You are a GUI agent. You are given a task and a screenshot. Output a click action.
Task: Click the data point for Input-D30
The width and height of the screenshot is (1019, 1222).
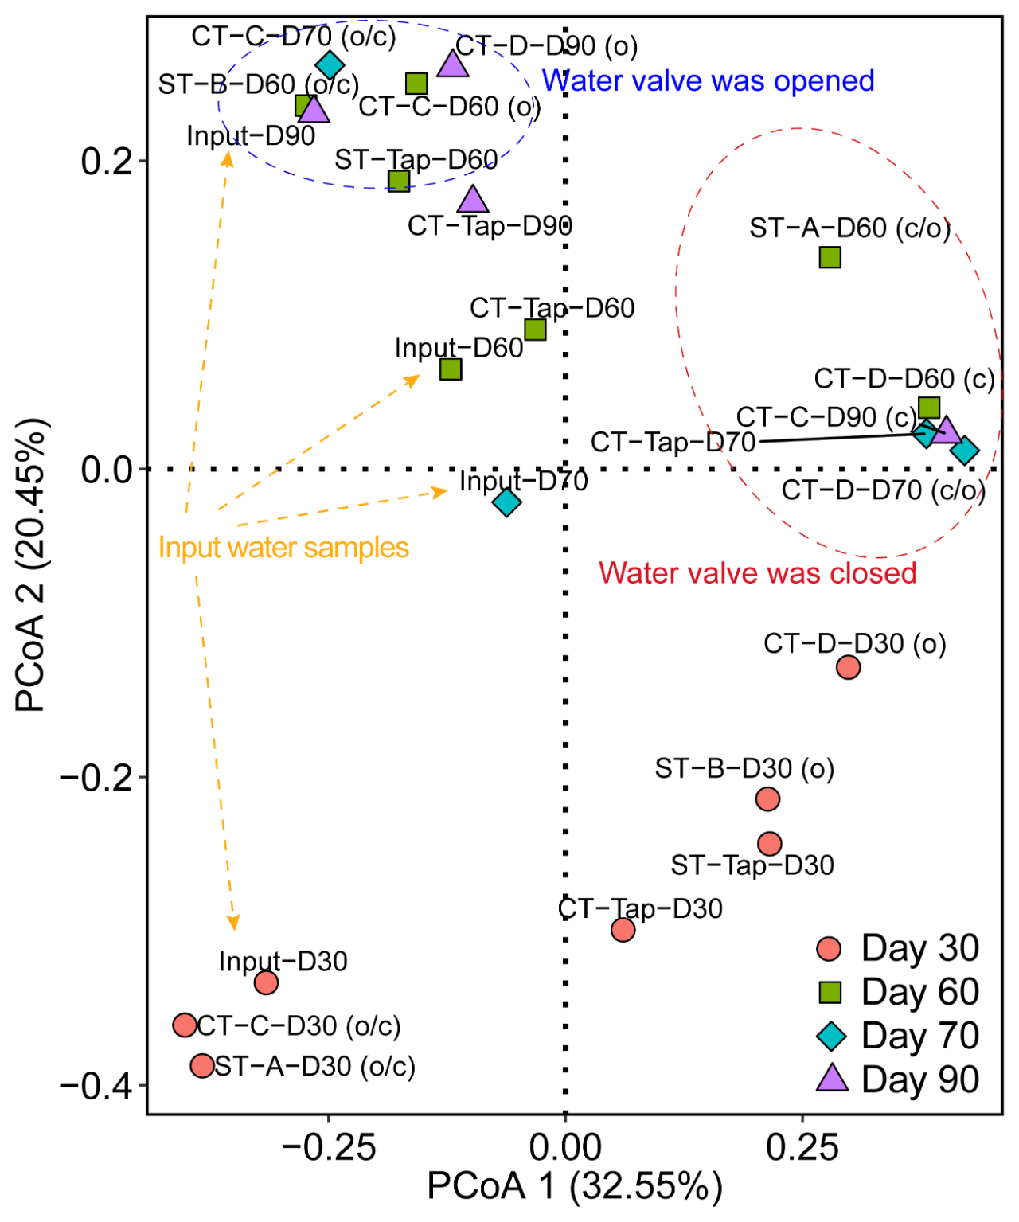266,982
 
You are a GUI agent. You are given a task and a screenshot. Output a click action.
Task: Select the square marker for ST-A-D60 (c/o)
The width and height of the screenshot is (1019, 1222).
830,257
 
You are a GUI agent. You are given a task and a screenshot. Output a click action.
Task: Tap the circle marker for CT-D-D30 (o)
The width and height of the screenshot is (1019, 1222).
849,667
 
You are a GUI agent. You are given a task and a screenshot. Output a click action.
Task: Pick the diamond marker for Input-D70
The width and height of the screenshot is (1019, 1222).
507,502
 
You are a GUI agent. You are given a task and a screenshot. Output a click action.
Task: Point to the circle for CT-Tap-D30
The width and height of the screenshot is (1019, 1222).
623,930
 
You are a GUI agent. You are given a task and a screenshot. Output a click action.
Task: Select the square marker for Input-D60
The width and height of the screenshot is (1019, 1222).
451,369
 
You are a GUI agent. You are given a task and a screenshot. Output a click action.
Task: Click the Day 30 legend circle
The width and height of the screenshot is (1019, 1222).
830,948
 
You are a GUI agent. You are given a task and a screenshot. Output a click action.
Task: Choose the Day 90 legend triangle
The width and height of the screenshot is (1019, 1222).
832,1079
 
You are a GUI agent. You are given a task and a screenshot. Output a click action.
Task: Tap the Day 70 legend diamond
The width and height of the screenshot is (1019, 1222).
831,1036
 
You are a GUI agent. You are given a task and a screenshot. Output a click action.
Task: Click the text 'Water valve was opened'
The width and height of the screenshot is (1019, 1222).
708,81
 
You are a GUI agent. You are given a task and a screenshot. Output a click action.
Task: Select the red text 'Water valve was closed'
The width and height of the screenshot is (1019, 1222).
757,573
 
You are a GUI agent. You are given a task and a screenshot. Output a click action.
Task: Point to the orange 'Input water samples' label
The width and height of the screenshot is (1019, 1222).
283,548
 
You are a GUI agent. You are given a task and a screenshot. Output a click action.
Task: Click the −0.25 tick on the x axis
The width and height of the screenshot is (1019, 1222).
329,1147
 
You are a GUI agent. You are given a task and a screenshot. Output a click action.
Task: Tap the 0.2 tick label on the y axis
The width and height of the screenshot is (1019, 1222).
106,162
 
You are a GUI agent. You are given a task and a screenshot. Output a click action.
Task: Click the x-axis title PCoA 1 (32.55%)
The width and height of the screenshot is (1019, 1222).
575,1186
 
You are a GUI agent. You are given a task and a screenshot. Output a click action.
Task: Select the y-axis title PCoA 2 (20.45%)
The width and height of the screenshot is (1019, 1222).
33,565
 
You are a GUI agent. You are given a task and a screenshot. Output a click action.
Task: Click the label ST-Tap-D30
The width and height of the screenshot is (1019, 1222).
752,865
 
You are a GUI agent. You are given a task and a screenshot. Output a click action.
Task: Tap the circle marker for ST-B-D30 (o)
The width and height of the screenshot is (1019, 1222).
767,798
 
